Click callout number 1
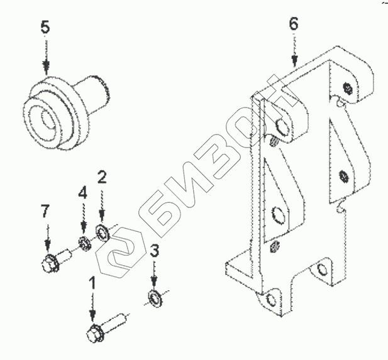[93, 282]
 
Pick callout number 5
[45, 28]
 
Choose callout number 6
[294, 25]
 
